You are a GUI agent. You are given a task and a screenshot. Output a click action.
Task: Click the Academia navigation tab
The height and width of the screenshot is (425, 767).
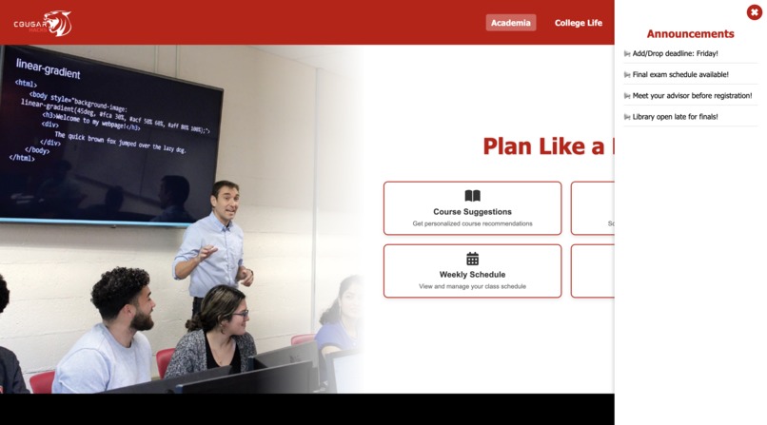511,23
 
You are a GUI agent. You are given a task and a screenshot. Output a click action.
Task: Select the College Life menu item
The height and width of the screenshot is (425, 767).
579,23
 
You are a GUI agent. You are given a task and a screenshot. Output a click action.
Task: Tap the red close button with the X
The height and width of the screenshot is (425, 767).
755,12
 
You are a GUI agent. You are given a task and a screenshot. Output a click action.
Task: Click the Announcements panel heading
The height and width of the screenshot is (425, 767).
690,34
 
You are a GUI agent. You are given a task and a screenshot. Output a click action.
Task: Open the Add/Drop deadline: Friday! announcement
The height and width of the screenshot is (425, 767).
675,53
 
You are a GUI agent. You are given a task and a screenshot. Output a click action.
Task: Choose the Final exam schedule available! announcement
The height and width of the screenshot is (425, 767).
680,74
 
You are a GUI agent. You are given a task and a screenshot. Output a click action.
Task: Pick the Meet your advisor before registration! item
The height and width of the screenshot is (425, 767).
692,95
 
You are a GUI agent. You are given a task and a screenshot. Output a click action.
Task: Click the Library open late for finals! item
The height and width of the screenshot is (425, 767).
675,116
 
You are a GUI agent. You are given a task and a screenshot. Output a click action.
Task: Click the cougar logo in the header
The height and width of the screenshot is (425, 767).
43,23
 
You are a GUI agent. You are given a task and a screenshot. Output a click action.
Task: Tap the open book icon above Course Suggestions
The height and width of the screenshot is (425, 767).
472,196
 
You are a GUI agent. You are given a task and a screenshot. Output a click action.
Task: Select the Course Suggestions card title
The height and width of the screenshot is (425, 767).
472,212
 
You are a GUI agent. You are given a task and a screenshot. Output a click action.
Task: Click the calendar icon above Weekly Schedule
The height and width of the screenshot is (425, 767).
472,259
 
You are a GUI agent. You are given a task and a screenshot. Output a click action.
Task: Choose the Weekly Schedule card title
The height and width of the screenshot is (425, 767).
472,275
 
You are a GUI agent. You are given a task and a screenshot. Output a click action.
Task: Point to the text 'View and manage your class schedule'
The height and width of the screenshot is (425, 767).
472,286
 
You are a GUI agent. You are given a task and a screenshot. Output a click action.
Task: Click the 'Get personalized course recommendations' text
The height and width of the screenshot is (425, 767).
472,223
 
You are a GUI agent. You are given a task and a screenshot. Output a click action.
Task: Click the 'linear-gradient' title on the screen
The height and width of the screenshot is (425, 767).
49,71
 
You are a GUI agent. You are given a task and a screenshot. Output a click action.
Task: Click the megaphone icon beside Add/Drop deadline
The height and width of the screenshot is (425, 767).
627,54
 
